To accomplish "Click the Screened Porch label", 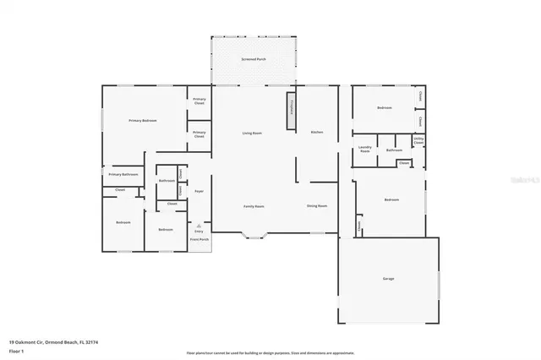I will (x=253, y=60).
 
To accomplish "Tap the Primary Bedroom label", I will (x=143, y=121).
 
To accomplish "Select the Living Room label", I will (x=252, y=133).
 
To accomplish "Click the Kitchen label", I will (x=317, y=133).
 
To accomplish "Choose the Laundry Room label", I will (x=365, y=149).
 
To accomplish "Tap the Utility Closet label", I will (x=418, y=140).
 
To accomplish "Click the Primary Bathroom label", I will (x=123, y=174).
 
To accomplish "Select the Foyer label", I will (x=199, y=192).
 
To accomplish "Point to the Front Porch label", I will (x=199, y=240).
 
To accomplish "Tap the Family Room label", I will (x=254, y=206).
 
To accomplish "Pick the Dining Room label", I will (x=317, y=206).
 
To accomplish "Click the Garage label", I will (x=388, y=279).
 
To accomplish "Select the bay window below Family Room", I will (x=254, y=236).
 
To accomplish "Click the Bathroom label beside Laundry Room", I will (x=393, y=150).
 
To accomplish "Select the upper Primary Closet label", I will (x=199, y=101).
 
